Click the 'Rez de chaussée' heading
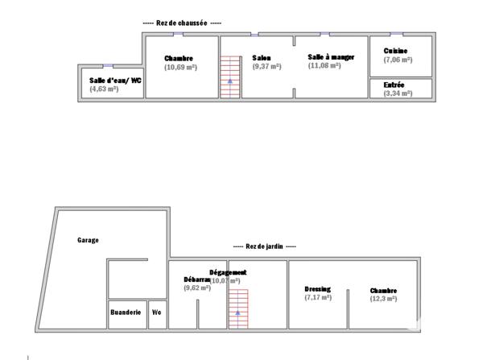point(181,24)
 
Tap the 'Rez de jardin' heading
point(264,246)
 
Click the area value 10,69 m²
point(180,68)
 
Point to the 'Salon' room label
point(261,58)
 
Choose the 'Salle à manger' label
point(331,56)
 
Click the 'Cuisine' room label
point(395,51)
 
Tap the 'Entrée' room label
point(394,85)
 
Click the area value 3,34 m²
point(398,93)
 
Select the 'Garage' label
point(88,241)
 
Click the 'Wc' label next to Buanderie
point(157,312)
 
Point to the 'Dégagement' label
point(228,272)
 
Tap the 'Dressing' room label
point(317,289)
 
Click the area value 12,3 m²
point(383,299)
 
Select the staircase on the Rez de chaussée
point(231,77)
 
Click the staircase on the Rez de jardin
point(237,308)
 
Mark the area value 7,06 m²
point(398,60)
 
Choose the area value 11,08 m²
point(325,65)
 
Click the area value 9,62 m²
point(196,288)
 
